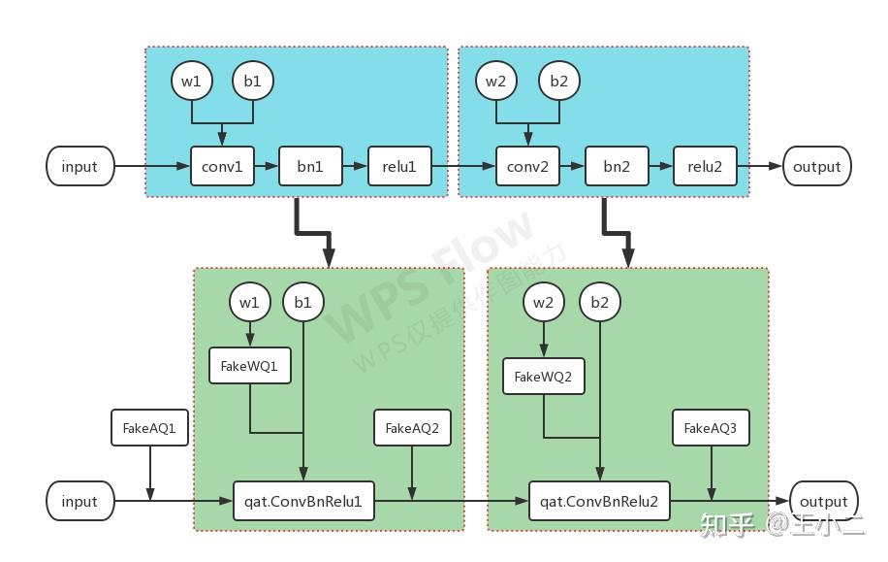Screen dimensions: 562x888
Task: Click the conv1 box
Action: coord(222,166)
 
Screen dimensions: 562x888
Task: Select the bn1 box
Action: coord(311,166)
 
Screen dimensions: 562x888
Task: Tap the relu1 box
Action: coord(399,166)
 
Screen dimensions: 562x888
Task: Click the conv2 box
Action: coord(527,166)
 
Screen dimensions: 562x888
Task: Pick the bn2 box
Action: coord(617,166)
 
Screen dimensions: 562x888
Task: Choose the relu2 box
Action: coord(705,166)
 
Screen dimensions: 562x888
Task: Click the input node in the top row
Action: coord(79,166)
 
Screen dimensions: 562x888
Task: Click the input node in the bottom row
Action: coord(79,501)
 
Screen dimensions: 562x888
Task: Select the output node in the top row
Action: coord(817,166)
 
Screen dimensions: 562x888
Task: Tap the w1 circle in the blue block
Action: coord(192,82)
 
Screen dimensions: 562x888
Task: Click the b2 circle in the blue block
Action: coord(559,82)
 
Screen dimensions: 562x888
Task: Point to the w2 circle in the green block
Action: coord(543,303)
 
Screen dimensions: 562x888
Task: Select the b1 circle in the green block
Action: coord(303,303)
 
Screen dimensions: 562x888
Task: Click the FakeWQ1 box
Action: coord(250,366)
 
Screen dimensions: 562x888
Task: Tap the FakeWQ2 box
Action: coord(544,376)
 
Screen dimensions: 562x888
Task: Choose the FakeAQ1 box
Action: coord(149,427)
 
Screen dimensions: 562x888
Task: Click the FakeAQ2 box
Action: coord(412,428)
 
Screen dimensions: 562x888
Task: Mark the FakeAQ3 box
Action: coord(711,428)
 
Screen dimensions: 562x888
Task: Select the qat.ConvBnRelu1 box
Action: coord(303,501)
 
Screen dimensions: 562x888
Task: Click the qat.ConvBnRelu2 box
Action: coord(599,501)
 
